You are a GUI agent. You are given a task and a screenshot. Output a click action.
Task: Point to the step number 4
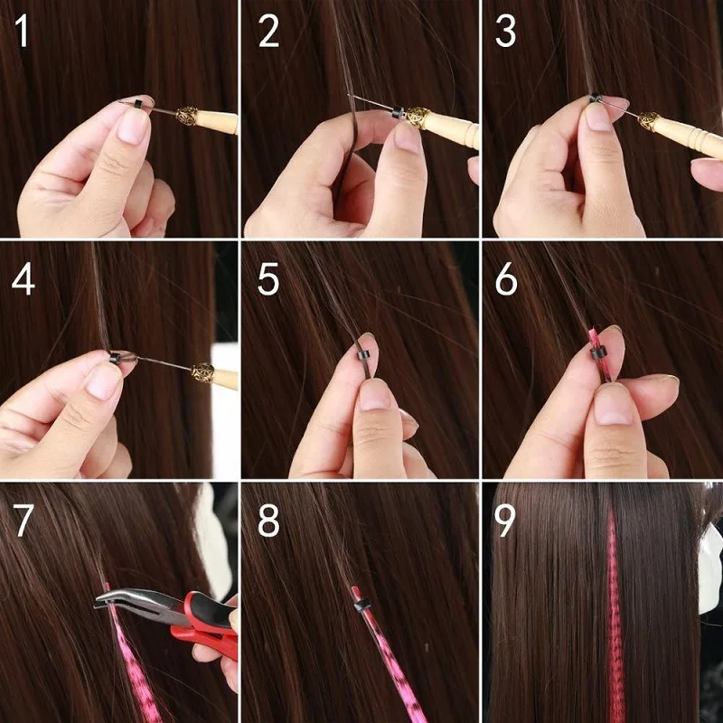23,277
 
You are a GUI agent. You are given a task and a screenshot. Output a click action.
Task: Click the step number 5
268,278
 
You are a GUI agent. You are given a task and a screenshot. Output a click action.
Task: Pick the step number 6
506,278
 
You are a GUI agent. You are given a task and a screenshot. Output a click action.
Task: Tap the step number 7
23,522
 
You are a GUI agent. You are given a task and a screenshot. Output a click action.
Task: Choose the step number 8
268,522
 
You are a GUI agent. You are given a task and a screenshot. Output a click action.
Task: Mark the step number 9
507,522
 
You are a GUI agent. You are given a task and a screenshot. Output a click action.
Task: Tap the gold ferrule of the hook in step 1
187,116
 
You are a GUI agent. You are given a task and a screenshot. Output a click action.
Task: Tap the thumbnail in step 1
135,127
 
